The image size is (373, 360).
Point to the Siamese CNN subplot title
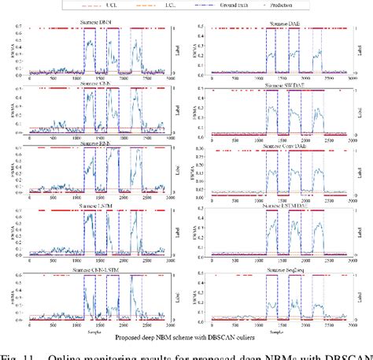tap(97, 77)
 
